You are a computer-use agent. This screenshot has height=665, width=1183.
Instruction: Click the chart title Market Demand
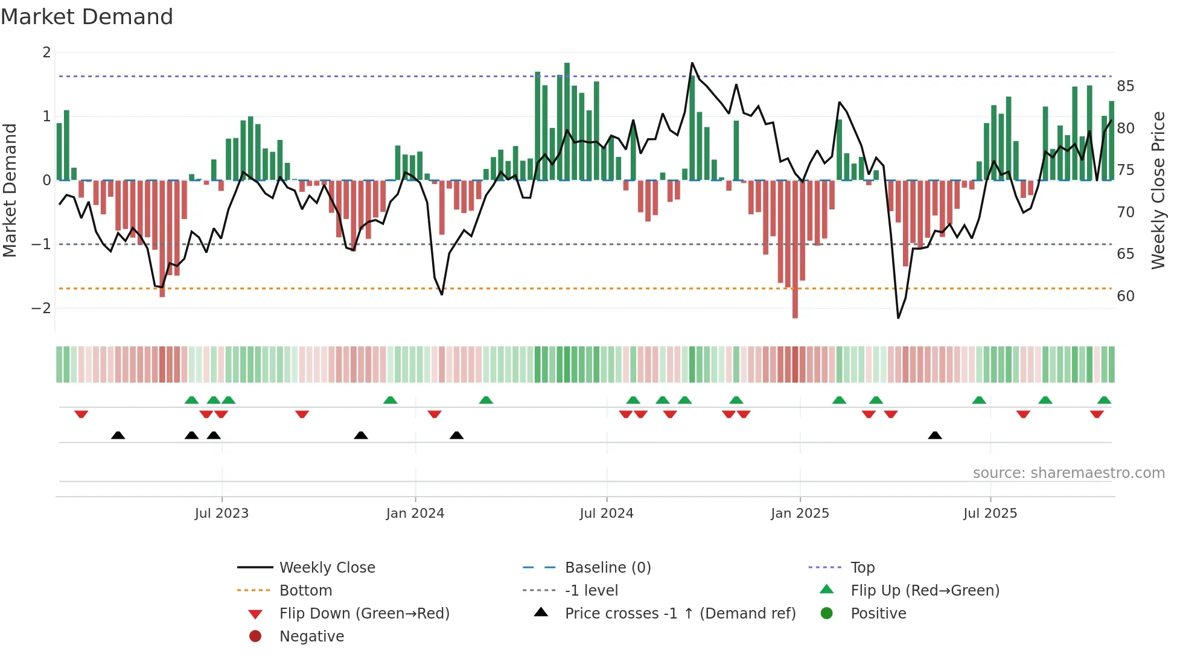tap(87, 17)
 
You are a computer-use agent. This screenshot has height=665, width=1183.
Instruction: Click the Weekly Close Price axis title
tap(1158, 190)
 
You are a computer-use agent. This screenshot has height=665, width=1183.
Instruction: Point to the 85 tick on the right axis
tap(1125, 86)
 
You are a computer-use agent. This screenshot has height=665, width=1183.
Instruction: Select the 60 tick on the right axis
tap(1125, 296)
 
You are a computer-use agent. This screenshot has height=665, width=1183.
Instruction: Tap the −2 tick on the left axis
tap(42, 308)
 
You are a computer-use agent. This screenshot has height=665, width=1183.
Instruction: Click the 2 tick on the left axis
tap(46, 52)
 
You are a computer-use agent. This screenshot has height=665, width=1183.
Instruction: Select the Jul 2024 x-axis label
tap(606, 513)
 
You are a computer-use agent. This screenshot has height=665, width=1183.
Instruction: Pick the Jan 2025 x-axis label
tap(800, 513)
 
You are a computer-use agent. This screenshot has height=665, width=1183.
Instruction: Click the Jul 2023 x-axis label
tap(222, 513)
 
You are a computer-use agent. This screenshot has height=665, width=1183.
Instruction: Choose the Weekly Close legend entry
tap(327, 567)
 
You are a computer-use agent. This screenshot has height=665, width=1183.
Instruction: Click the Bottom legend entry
tap(305, 590)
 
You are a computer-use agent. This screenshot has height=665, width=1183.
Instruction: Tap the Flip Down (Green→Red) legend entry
tap(364, 613)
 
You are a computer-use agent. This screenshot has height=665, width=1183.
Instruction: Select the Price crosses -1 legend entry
tap(680, 613)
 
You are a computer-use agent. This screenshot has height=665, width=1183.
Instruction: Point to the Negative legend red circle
tap(255, 636)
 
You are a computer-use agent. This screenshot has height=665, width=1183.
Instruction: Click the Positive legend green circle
tap(827, 613)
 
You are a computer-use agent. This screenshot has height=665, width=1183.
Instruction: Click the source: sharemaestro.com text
tap(1068, 472)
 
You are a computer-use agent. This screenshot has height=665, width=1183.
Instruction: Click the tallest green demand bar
tap(567, 121)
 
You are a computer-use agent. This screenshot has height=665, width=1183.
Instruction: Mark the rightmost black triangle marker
tap(935, 436)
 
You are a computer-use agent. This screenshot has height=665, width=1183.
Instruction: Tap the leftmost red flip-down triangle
tap(81, 414)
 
